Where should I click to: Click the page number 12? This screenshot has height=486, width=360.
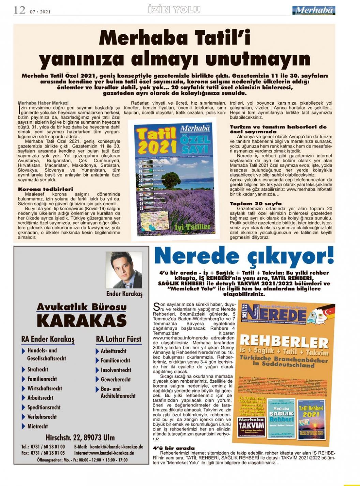coord(19,10)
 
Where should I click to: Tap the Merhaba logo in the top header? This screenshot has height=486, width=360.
coord(313,11)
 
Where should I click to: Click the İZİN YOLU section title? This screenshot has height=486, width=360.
coord(174,10)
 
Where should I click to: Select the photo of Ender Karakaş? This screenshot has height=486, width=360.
coord(124,270)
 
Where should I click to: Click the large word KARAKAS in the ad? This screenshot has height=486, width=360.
coord(81,321)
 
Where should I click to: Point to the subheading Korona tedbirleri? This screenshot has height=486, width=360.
coord(45,189)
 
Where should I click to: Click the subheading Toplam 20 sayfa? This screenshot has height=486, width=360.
coord(251,203)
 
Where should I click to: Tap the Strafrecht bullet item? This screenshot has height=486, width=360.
coord(37,369)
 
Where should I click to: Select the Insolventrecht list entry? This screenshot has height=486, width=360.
coord(116,370)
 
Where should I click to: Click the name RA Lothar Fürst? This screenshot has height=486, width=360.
coord(118,339)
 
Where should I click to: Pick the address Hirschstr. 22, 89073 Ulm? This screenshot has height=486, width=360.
coord(80,437)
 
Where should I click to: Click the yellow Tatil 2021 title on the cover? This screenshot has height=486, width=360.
coord(155,140)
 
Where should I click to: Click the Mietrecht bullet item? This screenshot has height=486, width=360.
coord(37,426)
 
